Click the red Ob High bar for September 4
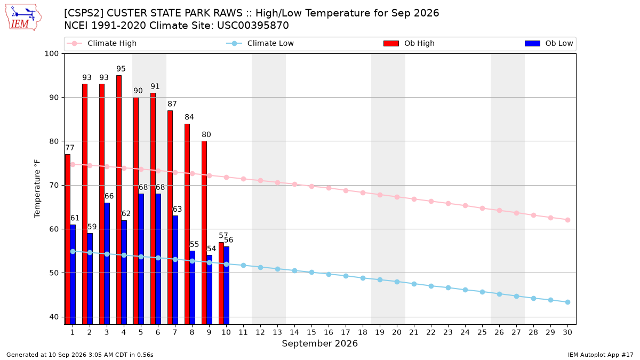coord(119,199)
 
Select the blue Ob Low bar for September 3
coord(107,263)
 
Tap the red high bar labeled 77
coord(68,239)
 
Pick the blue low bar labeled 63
coord(175,270)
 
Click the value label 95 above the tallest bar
coord(121,69)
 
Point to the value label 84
coord(189,117)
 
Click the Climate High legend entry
coord(102,43)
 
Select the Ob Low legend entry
coord(549,43)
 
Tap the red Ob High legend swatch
coord(391,43)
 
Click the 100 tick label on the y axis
coord(51,54)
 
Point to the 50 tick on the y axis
coord(54,273)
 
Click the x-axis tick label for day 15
coord(311,333)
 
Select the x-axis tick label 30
coord(567,333)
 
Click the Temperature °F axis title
coord(37,189)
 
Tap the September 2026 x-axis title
coord(319,343)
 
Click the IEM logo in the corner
coord(23,18)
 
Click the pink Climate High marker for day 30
coord(567,220)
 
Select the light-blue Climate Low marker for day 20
coord(397,282)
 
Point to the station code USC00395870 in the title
coord(253,26)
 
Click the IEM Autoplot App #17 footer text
coord(601,355)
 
